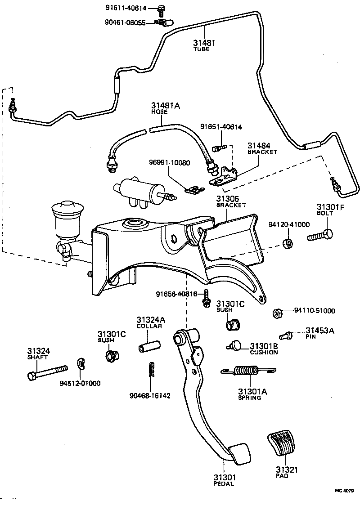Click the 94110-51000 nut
[x=278, y=312]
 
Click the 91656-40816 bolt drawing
[x=206, y=299]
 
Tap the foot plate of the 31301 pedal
[x=238, y=453]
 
